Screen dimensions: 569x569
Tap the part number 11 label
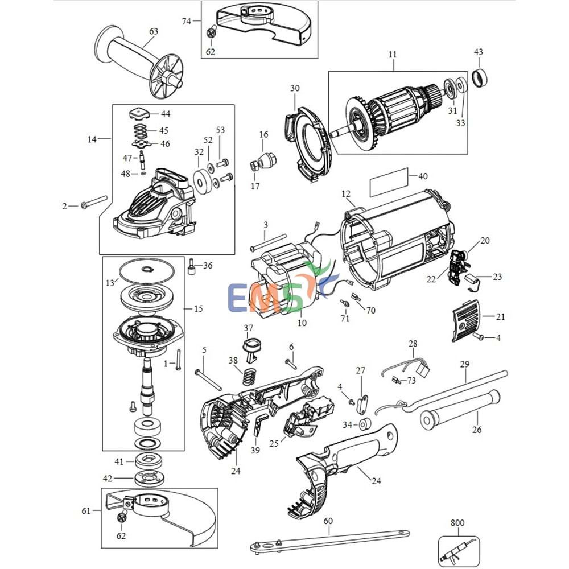(x=393, y=55)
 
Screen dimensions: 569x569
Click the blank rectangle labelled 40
(x=389, y=181)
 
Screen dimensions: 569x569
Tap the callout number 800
(x=457, y=522)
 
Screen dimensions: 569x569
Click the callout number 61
(x=86, y=511)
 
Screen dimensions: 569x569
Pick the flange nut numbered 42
(x=146, y=478)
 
